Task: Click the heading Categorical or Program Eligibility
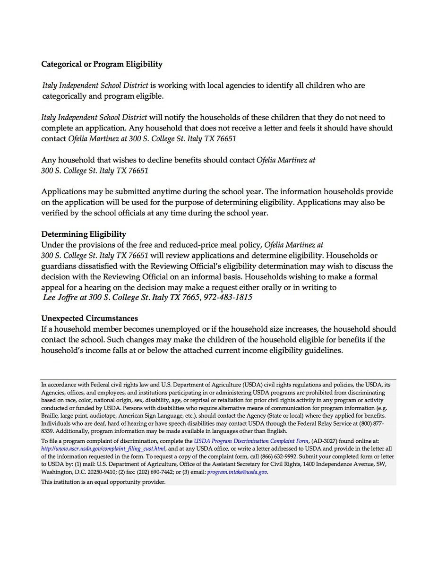coord(102,64)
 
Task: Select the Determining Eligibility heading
coord(84,234)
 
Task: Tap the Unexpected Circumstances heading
coord(89,318)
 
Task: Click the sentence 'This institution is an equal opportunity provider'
coord(103,482)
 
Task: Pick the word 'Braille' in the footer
coord(50,415)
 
